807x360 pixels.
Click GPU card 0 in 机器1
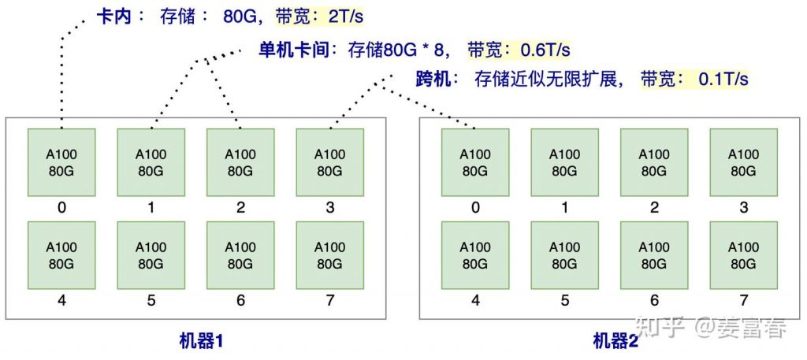pyautogui.click(x=61, y=161)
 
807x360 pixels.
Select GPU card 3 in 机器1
pyautogui.click(x=329, y=161)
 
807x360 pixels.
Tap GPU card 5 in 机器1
pyautogui.click(x=151, y=254)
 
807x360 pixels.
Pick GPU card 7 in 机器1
pyautogui.click(x=329, y=254)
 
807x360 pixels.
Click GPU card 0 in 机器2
pyautogui.click(x=475, y=161)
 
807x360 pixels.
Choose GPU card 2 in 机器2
pyautogui.click(x=654, y=161)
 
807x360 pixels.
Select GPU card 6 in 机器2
pyautogui.click(x=654, y=254)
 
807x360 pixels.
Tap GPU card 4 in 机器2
pyautogui.click(x=475, y=254)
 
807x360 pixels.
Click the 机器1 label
pyautogui.click(x=202, y=341)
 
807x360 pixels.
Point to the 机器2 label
pyautogui.click(x=615, y=341)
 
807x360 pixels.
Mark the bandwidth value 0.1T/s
pyautogui.click(x=723, y=79)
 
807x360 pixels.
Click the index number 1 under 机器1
pyautogui.click(x=151, y=208)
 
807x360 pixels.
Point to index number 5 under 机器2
pyautogui.click(x=564, y=300)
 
